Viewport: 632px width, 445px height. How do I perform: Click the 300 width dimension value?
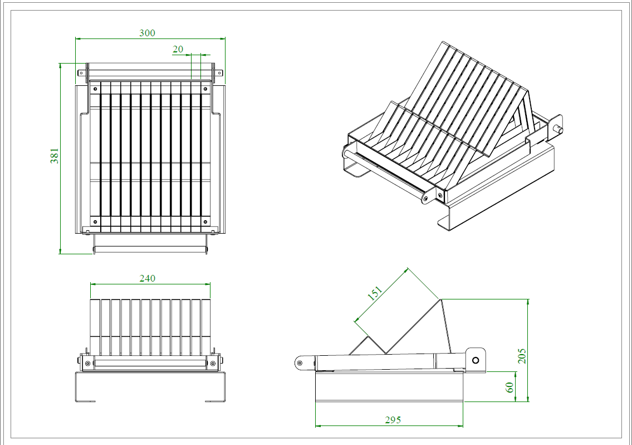click(x=147, y=33)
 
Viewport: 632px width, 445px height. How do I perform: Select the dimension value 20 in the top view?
click(x=178, y=49)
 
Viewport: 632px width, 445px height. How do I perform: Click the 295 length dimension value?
click(x=393, y=420)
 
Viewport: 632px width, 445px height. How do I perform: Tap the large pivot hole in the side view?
click(x=476, y=360)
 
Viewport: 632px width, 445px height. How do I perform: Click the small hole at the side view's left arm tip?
click(x=300, y=364)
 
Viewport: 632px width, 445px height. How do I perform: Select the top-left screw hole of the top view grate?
click(x=95, y=88)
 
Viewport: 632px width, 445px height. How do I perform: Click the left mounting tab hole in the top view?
click(x=81, y=72)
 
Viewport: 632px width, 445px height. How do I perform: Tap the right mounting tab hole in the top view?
click(x=219, y=72)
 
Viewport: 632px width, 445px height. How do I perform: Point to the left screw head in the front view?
click(x=87, y=363)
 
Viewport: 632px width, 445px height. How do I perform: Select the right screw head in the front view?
click(x=212, y=363)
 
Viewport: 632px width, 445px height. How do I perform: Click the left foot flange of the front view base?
click(x=85, y=400)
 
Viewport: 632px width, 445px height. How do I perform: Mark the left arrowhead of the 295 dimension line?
click(x=318, y=425)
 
